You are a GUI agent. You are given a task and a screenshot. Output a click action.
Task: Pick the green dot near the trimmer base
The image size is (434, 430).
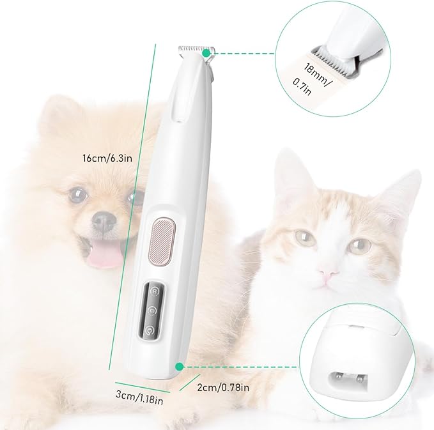tap(180, 367)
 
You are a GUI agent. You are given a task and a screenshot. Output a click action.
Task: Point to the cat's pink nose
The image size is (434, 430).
tap(329, 275)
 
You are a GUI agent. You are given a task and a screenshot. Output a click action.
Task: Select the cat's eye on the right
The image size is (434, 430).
tap(360, 244)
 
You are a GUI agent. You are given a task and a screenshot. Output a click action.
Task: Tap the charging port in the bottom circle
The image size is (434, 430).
tap(350, 380)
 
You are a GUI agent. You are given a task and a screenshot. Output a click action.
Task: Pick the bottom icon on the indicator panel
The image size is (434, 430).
tap(150, 331)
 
